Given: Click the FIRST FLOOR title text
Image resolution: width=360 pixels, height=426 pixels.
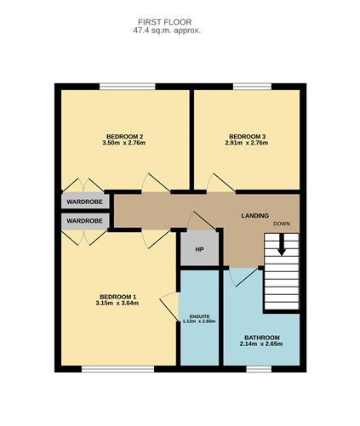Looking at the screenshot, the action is [x=165, y=22].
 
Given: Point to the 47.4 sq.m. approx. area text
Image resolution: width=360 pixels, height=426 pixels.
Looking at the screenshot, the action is [x=167, y=31].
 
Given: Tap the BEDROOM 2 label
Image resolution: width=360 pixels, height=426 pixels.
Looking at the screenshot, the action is [x=124, y=136].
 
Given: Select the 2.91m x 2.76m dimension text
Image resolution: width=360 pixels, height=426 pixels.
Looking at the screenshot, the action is [x=247, y=143].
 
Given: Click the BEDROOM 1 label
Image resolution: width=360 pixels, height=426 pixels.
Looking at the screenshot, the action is [x=118, y=297].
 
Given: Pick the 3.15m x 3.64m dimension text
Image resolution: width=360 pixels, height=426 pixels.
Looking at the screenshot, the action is [x=117, y=304].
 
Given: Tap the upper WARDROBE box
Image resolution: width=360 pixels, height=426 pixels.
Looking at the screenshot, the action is [x=85, y=202].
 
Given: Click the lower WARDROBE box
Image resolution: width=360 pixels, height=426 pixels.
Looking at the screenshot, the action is [x=85, y=221].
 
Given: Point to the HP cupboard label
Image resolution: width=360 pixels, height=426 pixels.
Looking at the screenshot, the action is [x=200, y=250].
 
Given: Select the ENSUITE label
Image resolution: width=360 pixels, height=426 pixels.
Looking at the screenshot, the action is [x=199, y=316].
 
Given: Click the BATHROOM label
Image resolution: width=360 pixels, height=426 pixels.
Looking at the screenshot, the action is [x=262, y=338].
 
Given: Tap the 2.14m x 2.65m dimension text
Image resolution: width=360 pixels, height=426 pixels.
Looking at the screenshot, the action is [x=261, y=344].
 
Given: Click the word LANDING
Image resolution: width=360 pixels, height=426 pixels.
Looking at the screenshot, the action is [x=255, y=215].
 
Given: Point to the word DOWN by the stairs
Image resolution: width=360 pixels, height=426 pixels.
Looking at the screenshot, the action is [x=282, y=224].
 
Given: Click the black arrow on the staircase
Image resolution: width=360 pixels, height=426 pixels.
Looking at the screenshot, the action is [x=282, y=244].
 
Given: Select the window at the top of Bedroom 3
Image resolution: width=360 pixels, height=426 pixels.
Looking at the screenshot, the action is [x=252, y=86].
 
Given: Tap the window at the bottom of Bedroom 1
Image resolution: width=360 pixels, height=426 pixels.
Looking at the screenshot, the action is [x=118, y=369].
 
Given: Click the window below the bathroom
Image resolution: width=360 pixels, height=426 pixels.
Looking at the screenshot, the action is [x=259, y=369].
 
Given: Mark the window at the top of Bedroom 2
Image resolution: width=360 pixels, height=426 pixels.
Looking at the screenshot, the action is [x=128, y=86].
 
